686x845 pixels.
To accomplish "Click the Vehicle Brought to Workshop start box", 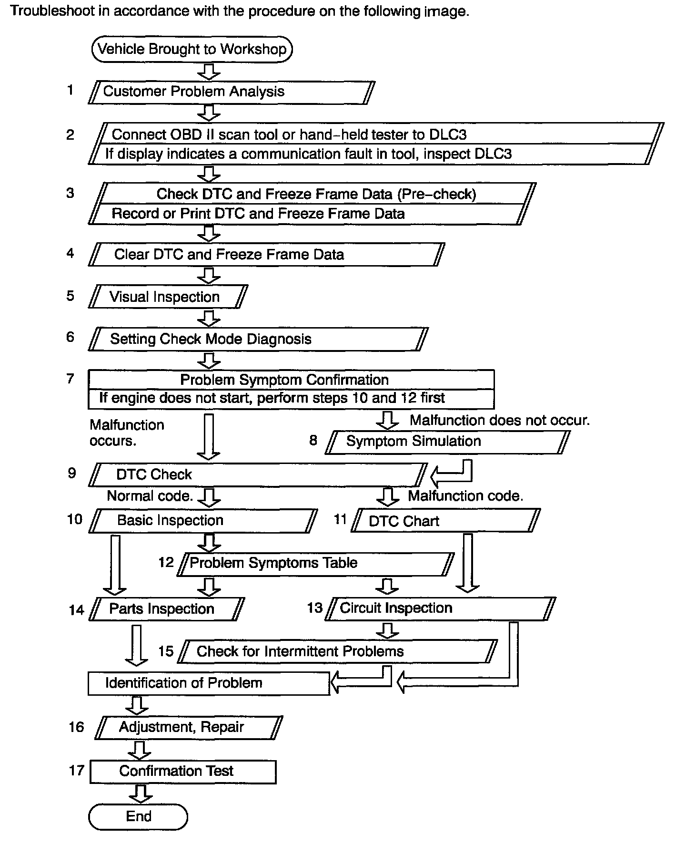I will [x=192, y=49].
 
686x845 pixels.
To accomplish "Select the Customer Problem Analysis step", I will [x=232, y=92].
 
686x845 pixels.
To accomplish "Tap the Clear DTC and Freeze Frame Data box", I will [x=266, y=254].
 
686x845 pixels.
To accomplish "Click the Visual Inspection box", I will [x=168, y=297].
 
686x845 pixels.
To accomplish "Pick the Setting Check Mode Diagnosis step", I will [x=258, y=339].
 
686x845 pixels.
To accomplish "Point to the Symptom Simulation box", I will [x=447, y=442].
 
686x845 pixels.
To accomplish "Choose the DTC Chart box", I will [x=445, y=521].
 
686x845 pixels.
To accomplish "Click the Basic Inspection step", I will [x=203, y=520].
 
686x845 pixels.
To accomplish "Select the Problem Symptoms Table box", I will [x=316, y=563].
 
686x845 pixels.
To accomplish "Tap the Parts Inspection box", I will [x=167, y=609].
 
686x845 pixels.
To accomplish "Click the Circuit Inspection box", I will [x=440, y=608].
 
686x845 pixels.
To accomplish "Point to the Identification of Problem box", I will [x=209, y=683].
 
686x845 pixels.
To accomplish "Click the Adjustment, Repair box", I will [x=189, y=727].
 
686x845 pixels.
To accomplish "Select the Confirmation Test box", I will [x=183, y=771].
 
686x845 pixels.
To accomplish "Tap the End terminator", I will [x=138, y=816].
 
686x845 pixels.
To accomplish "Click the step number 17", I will [x=76, y=771].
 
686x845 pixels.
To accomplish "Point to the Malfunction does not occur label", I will [x=499, y=420].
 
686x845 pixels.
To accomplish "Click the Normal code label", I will [x=150, y=496].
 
